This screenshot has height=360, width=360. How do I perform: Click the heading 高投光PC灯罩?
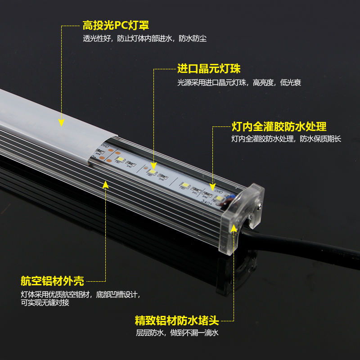[x=115, y=25]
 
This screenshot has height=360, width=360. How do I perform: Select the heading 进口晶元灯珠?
[x=209, y=69]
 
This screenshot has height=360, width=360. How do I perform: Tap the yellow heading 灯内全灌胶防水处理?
[x=279, y=126]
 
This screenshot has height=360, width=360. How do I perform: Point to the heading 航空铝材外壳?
[x=52, y=281]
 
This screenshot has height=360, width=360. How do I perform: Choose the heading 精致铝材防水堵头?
[x=176, y=321]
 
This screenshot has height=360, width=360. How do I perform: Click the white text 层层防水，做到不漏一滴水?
[x=177, y=333]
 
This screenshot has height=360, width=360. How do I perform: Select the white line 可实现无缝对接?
[x=45, y=302]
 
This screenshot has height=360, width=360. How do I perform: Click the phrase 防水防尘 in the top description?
[x=193, y=39]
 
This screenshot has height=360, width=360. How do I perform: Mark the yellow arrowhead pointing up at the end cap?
[x=234, y=228]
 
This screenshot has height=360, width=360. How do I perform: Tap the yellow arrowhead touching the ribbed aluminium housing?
[x=106, y=184]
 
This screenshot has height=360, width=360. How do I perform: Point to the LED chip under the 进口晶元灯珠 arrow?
[x=153, y=172]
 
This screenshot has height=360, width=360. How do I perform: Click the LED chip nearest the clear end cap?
[x=219, y=198]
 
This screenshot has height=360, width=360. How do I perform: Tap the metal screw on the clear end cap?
[x=259, y=208]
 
